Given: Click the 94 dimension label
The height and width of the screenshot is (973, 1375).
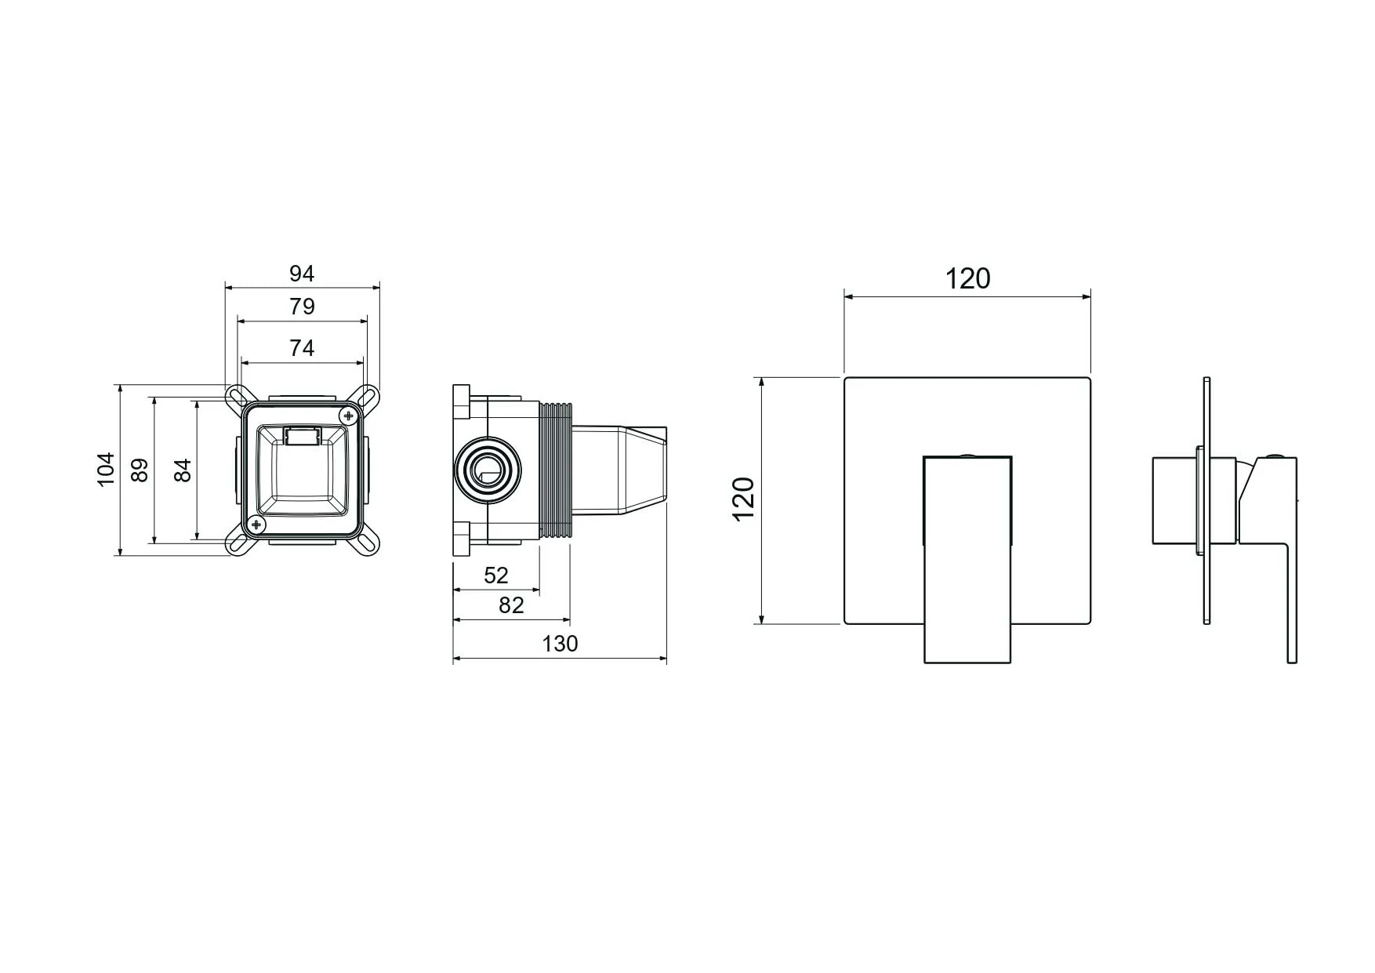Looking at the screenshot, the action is (302, 274).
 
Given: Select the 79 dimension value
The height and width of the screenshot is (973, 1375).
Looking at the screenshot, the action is (302, 307).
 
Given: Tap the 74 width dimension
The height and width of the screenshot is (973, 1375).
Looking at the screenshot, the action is (302, 348).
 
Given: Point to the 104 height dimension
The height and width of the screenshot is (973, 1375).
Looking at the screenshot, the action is (106, 470).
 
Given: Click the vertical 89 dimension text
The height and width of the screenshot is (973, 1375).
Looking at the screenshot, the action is (140, 470).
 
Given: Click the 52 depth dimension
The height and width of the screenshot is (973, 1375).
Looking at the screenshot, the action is (496, 575).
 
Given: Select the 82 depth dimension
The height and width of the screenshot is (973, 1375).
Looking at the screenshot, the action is (511, 605).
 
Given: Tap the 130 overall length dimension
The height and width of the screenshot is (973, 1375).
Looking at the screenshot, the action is (560, 644).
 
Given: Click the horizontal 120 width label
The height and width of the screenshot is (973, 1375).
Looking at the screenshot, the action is (967, 279).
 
